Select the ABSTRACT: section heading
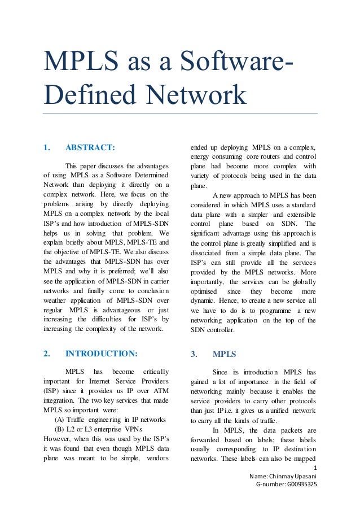pyautogui.click(x=90, y=148)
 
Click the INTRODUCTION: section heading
pyautogui.click(x=101, y=354)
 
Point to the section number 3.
pyautogui.click(x=194, y=354)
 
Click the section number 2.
pyautogui.click(x=46, y=354)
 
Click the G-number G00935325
pyautogui.click(x=287, y=485)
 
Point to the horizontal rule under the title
pyautogui.click(x=180, y=113)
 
